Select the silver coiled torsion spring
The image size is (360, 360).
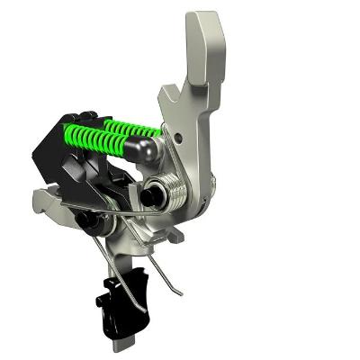pos(175,190)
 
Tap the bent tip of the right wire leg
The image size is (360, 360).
pos(179,292)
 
